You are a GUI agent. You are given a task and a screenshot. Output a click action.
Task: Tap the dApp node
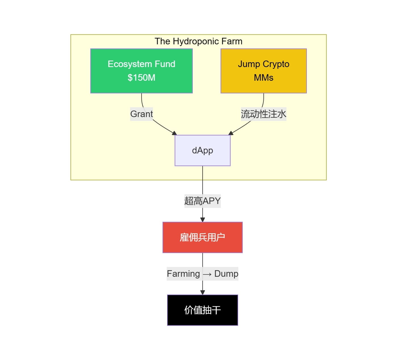(202, 150)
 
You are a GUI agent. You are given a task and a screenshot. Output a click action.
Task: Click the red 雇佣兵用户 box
(202, 237)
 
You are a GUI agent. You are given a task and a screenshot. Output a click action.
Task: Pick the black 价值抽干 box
(202, 310)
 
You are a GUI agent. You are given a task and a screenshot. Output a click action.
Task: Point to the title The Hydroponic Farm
(198, 41)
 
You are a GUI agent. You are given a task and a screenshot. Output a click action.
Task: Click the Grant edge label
(141, 114)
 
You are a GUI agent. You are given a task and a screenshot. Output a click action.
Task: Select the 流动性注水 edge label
(263, 114)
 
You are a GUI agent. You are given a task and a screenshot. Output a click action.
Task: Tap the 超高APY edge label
(202, 201)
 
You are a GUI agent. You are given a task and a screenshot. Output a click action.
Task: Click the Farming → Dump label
(202, 274)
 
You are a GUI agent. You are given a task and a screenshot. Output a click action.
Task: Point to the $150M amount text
(141, 78)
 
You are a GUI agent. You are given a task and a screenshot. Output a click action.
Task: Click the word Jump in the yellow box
(249, 64)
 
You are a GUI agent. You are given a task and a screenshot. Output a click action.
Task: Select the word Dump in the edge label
(226, 274)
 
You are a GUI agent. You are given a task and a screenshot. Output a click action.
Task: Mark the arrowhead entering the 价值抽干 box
(202, 292)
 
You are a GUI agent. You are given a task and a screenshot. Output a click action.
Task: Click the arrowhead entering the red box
(202, 220)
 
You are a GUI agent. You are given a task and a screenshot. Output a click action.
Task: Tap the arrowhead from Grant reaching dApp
(174, 133)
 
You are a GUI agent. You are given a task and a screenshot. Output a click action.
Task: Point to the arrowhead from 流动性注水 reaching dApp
(231, 133)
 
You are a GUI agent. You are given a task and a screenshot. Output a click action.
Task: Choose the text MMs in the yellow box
(263, 78)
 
